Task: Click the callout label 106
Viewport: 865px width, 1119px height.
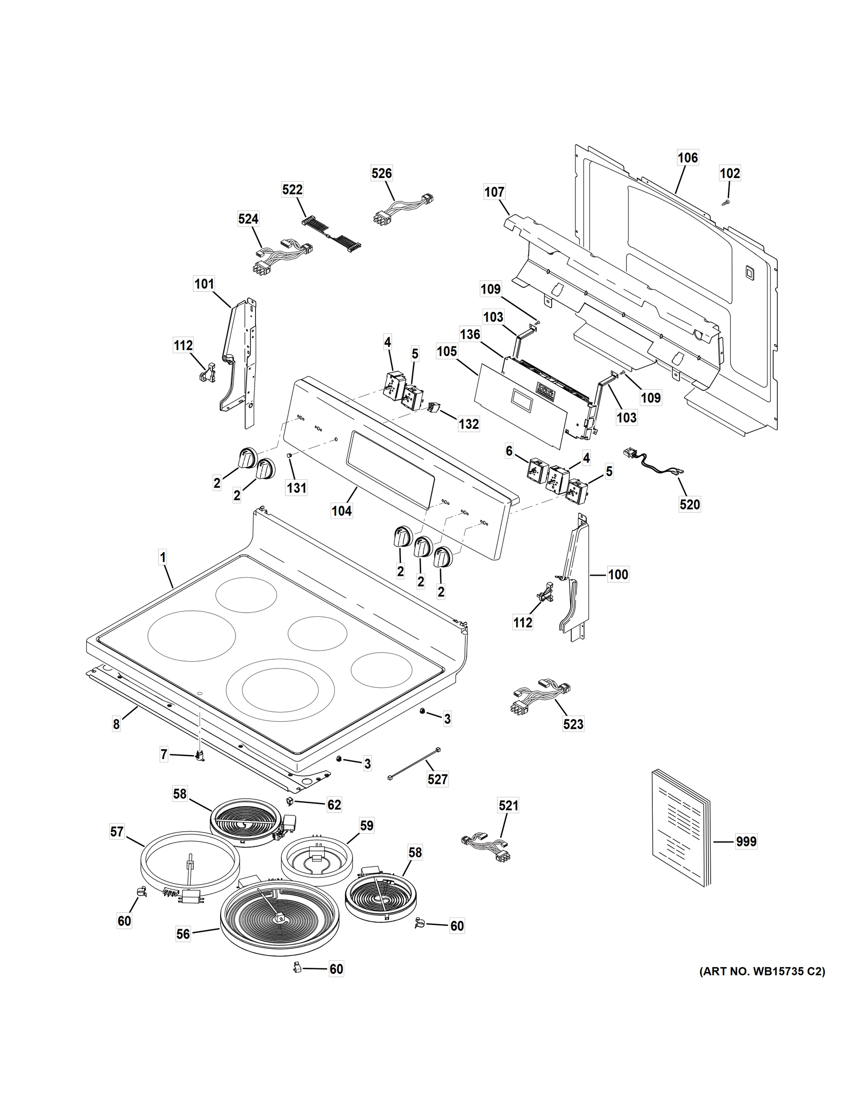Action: [688, 157]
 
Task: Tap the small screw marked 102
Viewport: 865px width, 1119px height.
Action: [726, 203]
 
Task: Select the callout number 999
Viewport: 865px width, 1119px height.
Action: [746, 841]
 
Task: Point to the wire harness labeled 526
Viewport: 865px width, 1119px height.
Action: [403, 209]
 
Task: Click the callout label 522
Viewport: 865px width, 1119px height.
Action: [292, 190]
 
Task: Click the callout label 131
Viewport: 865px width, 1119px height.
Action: [297, 488]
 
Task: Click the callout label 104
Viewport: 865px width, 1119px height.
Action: [342, 511]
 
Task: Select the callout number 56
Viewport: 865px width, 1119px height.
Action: [183, 934]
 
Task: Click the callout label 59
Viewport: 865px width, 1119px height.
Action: [367, 825]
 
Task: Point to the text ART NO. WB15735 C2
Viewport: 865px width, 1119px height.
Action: [762, 972]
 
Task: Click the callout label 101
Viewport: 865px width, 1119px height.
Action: [204, 283]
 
